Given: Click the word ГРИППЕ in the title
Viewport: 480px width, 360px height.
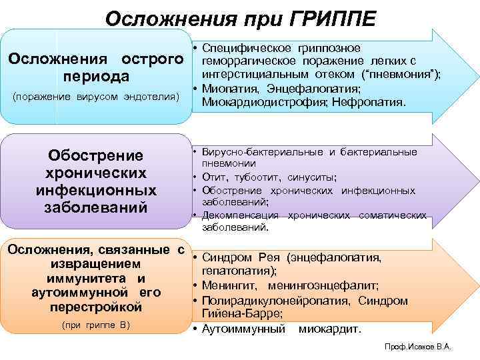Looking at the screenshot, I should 326,16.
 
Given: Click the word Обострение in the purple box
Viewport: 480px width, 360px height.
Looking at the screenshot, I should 96,155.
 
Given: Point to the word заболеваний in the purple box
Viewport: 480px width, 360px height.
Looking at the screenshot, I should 96,206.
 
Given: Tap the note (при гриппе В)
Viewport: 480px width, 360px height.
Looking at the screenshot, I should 95,325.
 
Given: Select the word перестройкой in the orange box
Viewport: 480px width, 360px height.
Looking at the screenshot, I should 96,307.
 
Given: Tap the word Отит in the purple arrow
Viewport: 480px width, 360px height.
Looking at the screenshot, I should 215,177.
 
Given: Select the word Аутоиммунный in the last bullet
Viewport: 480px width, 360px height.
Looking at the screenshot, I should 243,329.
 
